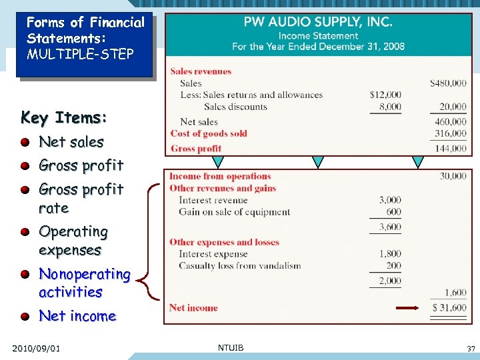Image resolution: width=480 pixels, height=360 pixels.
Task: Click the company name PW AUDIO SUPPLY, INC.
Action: pyautogui.click(x=318, y=22)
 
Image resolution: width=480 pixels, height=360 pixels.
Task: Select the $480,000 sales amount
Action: pyautogui.click(x=448, y=83)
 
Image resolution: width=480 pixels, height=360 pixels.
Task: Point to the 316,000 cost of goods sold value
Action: pyautogui.click(x=451, y=133)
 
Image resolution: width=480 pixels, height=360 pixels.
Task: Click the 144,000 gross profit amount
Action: pyautogui.click(x=451, y=148)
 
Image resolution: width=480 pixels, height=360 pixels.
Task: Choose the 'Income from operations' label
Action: pyautogui.click(x=220, y=177)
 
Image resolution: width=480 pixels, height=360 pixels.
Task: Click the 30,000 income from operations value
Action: pyautogui.click(x=453, y=176)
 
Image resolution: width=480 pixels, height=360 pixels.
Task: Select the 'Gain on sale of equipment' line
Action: pyautogui.click(x=234, y=212)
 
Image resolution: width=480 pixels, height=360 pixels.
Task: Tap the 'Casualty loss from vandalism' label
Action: pyautogui.click(x=239, y=265)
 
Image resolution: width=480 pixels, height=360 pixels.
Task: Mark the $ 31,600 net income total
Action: pyautogui.click(x=449, y=307)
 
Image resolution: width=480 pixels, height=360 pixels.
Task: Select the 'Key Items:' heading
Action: pyautogui.click(x=64, y=118)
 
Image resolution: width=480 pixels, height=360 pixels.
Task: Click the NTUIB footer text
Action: pyautogui.click(x=231, y=347)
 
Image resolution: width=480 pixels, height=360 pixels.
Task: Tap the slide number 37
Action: pyautogui.click(x=471, y=349)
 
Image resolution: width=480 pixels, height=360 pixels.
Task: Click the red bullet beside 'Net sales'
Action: pyautogui.click(x=25, y=142)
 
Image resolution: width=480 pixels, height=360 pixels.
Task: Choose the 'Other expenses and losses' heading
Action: pyautogui.click(x=224, y=242)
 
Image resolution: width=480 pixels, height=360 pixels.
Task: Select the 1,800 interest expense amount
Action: pyautogui.click(x=390, y=253)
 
